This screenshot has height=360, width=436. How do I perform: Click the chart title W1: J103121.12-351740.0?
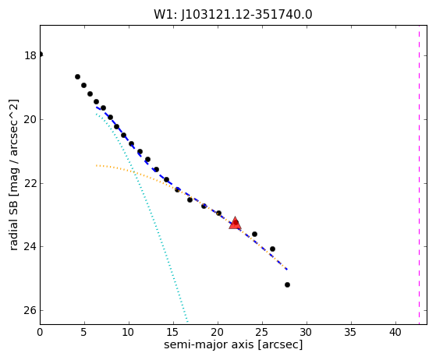(233, 15)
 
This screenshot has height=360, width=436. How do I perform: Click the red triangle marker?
(235, 223)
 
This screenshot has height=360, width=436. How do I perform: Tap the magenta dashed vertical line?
(419, 175)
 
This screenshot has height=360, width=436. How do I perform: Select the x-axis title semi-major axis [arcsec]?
(233, 344)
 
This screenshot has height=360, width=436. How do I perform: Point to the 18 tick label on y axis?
(30, 55)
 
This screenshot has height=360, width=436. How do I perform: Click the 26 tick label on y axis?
(30, 310)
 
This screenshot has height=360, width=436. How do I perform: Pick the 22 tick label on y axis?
(30, 183)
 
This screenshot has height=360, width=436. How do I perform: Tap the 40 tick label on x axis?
(395, 332)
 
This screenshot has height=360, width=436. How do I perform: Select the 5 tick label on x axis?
(84, 332)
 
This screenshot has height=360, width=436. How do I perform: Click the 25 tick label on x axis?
(262, 332)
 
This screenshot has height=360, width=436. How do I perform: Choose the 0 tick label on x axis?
(40, 332)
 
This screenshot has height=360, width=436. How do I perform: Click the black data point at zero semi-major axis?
(41, 55)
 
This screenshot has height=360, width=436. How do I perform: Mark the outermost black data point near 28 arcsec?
(287, 284)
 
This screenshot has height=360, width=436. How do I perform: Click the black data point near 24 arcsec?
(254, 235)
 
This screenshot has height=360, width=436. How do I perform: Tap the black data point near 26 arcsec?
(272, 249)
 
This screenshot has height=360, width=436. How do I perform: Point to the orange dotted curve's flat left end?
(97, 165)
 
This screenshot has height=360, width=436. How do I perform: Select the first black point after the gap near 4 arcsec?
(77, 76)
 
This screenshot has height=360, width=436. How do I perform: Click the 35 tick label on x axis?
(351, 332)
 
